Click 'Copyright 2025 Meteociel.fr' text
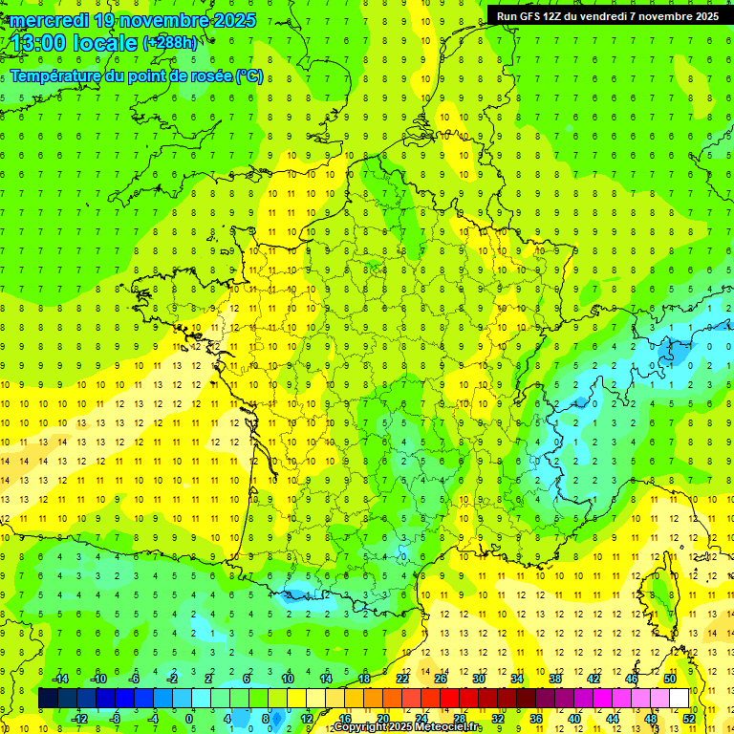point(407,727)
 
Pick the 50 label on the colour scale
point(669,679)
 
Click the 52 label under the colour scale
point(689,718)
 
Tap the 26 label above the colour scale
point(441,679)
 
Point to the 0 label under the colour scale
point(189,718)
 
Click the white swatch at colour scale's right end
point(680,699)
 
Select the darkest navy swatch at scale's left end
point(48,699)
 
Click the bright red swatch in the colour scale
point(449,699)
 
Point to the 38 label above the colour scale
point(555,679)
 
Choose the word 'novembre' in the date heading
point(161,20)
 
